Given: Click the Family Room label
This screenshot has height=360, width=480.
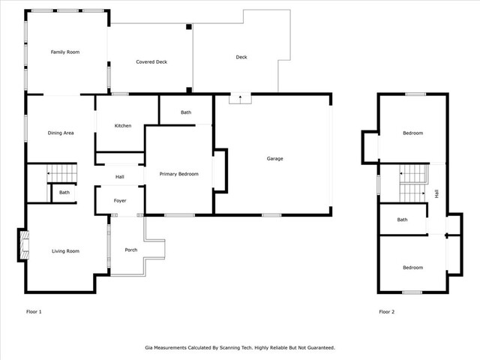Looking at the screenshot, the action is (65, 52).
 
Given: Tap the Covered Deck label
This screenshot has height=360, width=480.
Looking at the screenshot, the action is (151, 61).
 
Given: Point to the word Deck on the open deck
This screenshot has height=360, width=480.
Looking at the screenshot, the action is (241, 57).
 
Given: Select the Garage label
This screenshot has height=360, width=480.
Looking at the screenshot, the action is (275, 158).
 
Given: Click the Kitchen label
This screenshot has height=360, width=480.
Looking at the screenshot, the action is (123, 125).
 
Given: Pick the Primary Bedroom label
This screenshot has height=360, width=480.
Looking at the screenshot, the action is (178, 174).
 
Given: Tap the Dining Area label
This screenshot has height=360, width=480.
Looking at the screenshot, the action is (61, 133).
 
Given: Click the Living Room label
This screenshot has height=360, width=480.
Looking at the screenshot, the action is (65, 251).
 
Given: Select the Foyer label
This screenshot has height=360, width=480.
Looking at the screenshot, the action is (120, 200).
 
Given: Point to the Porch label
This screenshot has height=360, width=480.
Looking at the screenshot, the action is (131, 250).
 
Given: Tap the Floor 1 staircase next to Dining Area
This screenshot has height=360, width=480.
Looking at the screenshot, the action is (61, 173).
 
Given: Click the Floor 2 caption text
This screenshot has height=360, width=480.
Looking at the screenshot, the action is (387, 312).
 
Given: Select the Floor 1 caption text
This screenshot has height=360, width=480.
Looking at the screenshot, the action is (34, 312).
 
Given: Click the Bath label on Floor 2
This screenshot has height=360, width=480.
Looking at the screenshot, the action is (402, 220).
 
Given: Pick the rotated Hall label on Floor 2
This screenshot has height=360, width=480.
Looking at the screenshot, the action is (436, 193).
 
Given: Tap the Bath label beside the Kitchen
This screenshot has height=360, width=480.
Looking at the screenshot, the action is (186, 112).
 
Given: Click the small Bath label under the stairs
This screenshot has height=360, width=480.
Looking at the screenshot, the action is (64, 192).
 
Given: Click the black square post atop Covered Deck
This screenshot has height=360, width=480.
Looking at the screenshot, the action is (189, 27).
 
